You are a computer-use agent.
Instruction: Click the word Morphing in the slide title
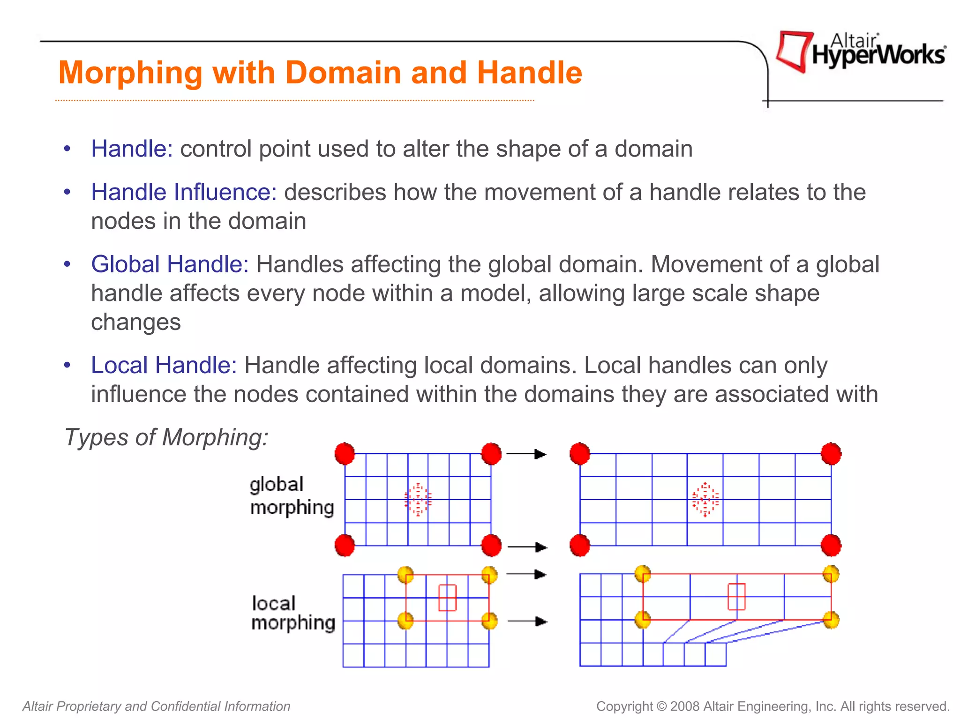click(x=131, y=73)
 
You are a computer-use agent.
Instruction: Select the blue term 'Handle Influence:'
click(x=184, y=192)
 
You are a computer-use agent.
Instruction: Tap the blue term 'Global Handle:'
click(x=170, y=264)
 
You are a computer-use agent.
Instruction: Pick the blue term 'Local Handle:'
click(x=164, y=365)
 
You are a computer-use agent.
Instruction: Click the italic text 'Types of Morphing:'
click(x=166, y=437)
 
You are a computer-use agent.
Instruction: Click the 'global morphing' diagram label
click(x=292, y=496)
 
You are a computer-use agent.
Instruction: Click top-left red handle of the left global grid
click(x=345, y=453)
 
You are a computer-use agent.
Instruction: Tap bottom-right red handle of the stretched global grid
click(x=831, y=546)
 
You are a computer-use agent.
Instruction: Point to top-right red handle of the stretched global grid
click(x=831, y=453)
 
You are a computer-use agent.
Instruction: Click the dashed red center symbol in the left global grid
click(x=418, y=500)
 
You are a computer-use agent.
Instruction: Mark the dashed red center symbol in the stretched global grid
click(x=705, y=500)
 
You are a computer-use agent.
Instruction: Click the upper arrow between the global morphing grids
click(x=527, y=454)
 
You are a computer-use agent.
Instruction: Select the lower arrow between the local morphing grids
click(x=527, y=622)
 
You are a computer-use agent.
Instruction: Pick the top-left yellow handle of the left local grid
click(x=405, y=575)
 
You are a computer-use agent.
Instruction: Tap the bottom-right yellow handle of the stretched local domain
click(x=831, y=620)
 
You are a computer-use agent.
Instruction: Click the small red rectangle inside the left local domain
click(x=447, y=598)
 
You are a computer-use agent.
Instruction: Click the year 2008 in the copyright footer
click(x=685, y=706)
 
